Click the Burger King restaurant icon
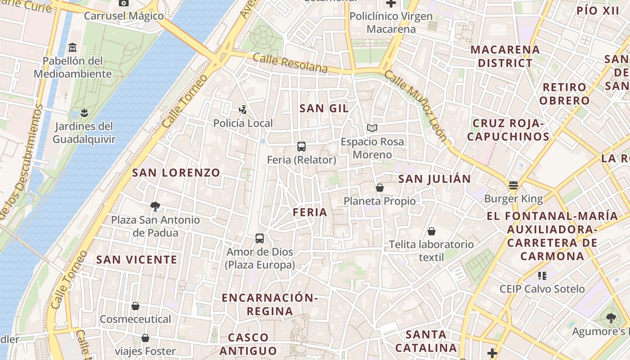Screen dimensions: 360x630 tap(513, 185)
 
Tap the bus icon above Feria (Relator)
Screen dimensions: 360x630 tap(301, 146)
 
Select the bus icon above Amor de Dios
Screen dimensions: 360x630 tap(260, 238)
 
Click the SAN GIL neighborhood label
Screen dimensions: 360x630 tap(324, 108)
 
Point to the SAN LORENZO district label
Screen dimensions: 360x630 tap(176, 172)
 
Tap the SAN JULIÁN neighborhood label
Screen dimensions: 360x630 tap(434, 179)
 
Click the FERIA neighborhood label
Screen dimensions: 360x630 tap(310, 212)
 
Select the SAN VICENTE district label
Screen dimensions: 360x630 tap(137, 259)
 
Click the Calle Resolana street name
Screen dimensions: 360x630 tap(290, 63)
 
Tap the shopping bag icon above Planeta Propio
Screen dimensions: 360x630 tap(380, 188)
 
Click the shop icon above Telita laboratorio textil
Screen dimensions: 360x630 tap(432, 231)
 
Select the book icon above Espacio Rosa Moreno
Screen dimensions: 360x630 tap(372, 128)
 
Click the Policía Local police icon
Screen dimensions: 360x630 tap(243, 109)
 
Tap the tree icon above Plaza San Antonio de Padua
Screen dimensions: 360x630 tap(155, 207)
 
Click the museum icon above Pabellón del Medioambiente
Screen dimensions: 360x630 tap(72, 47)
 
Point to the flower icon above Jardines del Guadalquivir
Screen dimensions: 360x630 tap(84, 112)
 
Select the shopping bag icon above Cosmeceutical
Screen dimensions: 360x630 tap(135, 306)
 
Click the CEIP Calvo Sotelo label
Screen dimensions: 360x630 tap(542, 288)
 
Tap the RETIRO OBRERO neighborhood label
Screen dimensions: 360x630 tap(564, 94)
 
